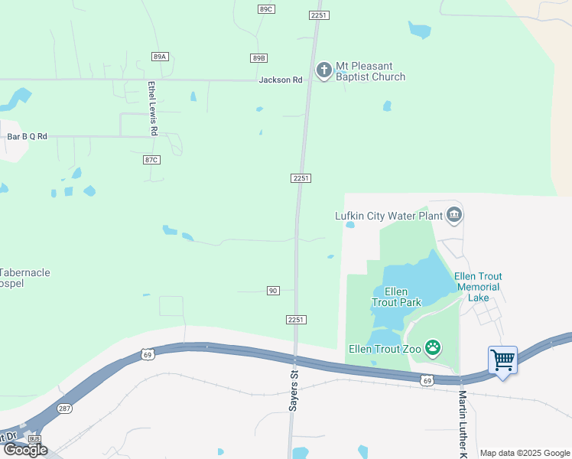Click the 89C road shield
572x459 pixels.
(265, 8)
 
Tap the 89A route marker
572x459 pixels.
(159, 57)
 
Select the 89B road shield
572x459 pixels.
(258, 58)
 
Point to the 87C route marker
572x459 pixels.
(151, 159)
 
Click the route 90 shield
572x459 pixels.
(273, 291)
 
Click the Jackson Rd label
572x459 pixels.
(281, 80)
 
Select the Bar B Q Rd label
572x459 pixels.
(28, 136)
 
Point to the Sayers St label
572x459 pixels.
(293, 391)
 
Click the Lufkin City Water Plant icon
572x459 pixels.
(455, 215)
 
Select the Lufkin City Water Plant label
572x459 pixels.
(389, 216)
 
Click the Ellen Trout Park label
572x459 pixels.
(396, 297)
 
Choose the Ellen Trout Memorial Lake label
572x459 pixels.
(478, 287)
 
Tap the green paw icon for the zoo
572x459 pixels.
(433, 348)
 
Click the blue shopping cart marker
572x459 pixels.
(502, 359)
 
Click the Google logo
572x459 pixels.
(25, 450)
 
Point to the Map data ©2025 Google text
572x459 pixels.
(525, 453)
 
